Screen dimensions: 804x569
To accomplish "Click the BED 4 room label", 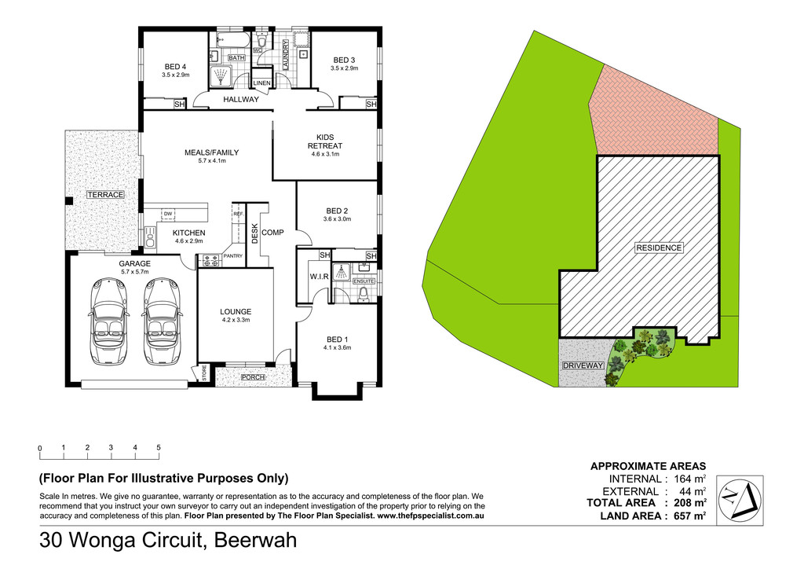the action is (175, 67).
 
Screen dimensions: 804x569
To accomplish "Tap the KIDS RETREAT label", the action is (325, 141).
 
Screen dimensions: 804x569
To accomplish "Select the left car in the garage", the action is (110, 321).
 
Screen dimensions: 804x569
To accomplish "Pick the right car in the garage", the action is (163, 321).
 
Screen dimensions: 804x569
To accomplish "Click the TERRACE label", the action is (105, 195).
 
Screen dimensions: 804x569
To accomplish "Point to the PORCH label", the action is (254, 377).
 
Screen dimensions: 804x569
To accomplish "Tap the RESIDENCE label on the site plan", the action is (659, 248).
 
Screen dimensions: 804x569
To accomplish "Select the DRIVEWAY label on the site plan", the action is (583, 365).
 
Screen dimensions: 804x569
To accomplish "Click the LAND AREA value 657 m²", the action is (690, 516).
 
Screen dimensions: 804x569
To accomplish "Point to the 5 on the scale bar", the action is (159, 447).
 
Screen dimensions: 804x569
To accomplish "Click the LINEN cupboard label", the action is (262, 83).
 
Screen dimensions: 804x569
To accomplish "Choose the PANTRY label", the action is (232, 256).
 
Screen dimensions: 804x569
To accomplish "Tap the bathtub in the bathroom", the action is (232, 39).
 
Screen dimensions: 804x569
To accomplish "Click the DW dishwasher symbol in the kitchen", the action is (168, 214).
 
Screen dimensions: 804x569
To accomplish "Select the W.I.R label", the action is (319, 277).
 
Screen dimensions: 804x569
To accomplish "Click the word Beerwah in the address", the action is (255, 540).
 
